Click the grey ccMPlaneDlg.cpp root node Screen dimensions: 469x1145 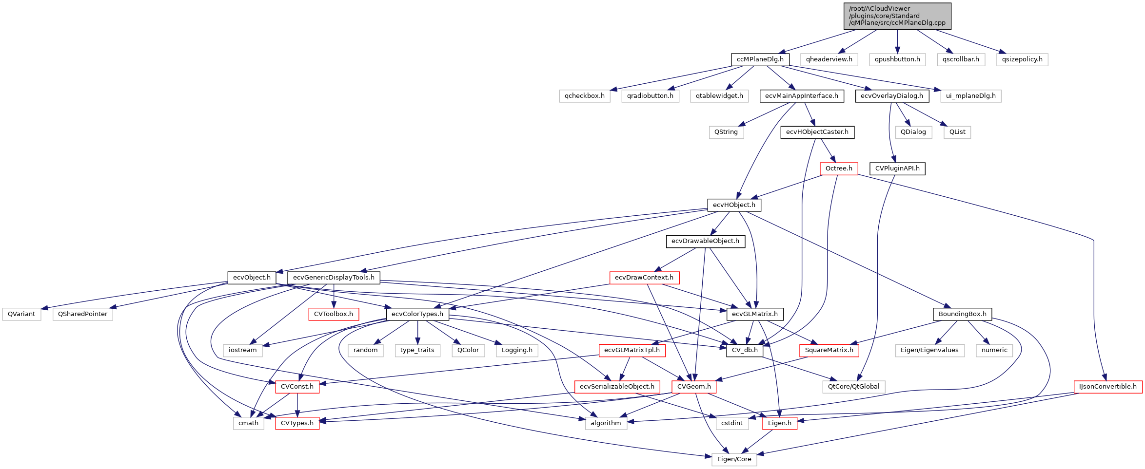click(897, 16)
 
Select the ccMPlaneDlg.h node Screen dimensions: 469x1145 click(760, 59)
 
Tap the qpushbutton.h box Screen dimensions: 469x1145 click(897, 59)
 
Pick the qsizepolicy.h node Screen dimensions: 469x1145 click(1022, 59)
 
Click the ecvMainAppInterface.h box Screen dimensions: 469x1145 click(801, 96)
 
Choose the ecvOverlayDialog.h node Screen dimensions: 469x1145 click(891, 96)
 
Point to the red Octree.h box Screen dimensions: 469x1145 click(839, 169)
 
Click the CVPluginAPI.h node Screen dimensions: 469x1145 click(897, 169)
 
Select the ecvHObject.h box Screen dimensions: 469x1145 click(734, 205)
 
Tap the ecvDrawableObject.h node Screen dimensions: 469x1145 click(705, 241)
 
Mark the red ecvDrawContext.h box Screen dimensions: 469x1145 click(644, 278)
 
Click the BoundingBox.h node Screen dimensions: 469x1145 click(962, 314)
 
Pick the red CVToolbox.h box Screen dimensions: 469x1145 click(334, 314)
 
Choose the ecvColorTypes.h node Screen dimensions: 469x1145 click(417, 314)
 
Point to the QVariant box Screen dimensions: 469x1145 click(21, 314)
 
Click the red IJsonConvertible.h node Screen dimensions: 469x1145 click(1107, 387)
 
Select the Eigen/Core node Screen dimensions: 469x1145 click(734, 459)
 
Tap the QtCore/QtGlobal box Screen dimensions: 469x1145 click(853, 387)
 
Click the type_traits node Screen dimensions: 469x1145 click(417, 350)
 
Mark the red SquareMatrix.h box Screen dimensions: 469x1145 click(829, 350)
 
